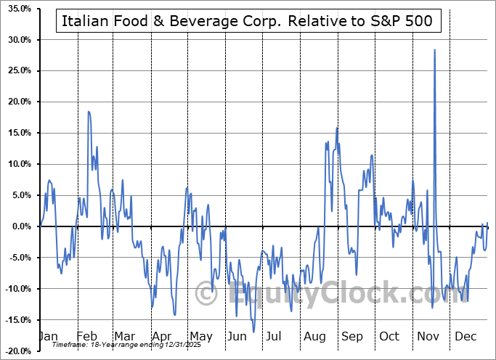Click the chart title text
247,21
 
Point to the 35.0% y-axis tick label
17,9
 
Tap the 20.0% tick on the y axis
17,102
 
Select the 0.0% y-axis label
19,226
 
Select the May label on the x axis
200,337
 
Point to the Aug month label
314,337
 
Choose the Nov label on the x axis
426,337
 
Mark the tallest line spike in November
434,50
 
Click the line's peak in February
89,112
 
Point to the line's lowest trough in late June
254,332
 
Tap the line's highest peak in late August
337,128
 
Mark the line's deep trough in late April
175,315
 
